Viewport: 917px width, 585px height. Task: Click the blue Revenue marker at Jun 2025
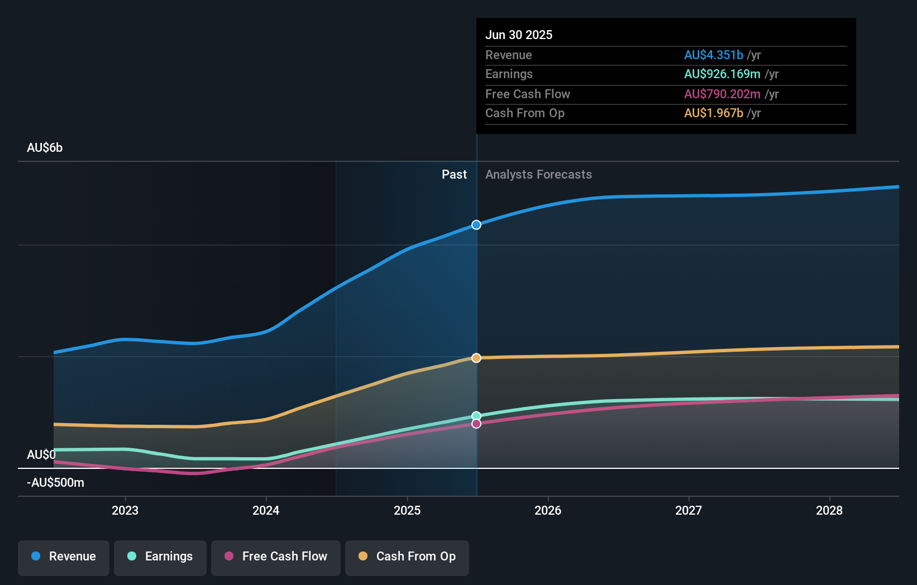click(476, 225)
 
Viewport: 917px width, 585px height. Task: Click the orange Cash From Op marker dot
click(476, 358)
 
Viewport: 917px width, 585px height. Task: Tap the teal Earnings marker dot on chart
click(476, 416)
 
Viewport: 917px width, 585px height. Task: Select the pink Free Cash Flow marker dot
click(476, 424)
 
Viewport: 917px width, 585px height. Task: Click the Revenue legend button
click(64, 557)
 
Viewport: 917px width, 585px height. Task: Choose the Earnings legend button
click(160, 557)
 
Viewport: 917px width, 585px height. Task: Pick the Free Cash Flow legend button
click(276, 557)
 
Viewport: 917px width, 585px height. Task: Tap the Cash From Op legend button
click(407, 557)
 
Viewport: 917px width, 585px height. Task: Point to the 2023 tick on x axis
click(125, 510)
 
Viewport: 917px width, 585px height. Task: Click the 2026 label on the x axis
click(548, 510)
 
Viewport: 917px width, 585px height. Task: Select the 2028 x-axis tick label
click(829, 510)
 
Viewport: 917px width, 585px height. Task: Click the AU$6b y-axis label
click(45, 148)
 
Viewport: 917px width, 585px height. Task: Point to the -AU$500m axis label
click(55, 483)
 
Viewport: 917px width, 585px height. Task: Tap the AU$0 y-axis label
click(41, 455)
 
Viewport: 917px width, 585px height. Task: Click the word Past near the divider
click(454, 175)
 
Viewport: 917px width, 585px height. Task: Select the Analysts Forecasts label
click(538, 175)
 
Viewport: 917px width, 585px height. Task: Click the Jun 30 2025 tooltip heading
click(519, 35)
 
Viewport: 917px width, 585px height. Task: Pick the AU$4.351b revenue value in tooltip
click(713, 55)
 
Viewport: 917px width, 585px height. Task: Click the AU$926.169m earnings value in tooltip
click(722, 74)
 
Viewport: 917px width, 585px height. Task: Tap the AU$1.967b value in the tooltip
click(713, 113)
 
